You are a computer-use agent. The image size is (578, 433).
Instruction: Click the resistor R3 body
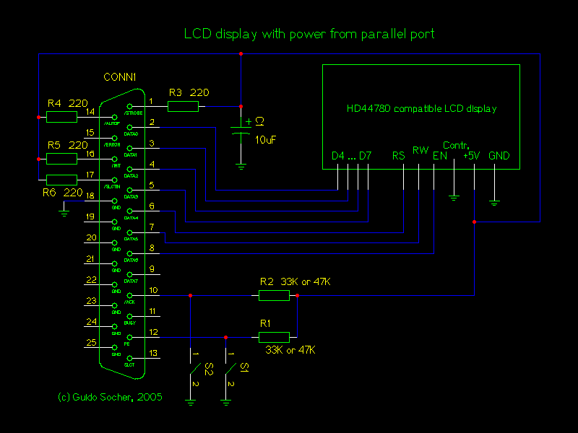tap(183, 107)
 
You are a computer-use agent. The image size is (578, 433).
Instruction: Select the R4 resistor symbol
tap(62, 116)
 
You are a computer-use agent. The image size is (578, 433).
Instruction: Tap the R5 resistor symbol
tap(62, 158)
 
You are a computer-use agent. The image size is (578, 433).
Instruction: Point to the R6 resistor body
tap(61, 180)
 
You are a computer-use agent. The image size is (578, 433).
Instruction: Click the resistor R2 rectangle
tap(274, 295)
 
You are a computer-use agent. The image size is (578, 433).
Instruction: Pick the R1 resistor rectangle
tap(274, 337)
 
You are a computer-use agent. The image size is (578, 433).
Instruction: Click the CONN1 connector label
tap(121, 77)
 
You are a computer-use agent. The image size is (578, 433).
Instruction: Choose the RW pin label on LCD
tap(420, 151)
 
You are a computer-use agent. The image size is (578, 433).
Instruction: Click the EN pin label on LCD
tap(440, 156)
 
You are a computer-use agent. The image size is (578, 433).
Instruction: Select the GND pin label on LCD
tap(499, 156)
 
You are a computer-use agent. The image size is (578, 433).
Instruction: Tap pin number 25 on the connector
tap(91, 342)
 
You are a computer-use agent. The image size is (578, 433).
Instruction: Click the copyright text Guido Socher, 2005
tap(110, 397)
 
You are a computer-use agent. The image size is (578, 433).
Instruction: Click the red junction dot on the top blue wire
tap(241, 54)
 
